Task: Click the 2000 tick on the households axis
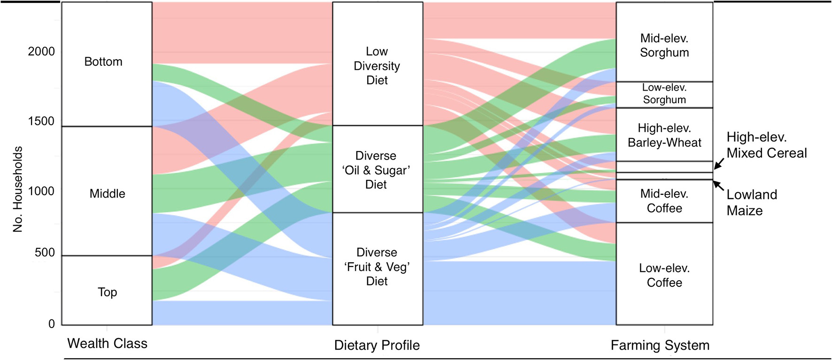point(41,52)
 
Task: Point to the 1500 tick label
point(41,121)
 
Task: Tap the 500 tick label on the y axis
point(45,253)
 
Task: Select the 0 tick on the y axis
point(52,324)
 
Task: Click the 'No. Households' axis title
point(18,189)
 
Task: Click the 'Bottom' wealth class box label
point(103,61)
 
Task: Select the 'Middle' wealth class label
point(107,193)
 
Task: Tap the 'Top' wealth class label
point(107,292)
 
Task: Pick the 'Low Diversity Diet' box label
point(377,66)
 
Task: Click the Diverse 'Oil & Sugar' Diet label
point(376,170)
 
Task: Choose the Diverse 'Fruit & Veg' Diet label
point(377,267)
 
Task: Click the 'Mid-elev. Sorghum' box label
point(664,46)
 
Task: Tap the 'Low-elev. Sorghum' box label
point(664,93)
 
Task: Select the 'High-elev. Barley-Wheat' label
point(664,135)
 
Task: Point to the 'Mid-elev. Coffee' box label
point(664,201)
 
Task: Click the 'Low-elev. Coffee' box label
point(664,275)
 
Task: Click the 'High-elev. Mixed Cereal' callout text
point(766,145)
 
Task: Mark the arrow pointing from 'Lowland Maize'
point(719,185)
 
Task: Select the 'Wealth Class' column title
point(107,344)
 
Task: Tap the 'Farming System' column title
point(660,345)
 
